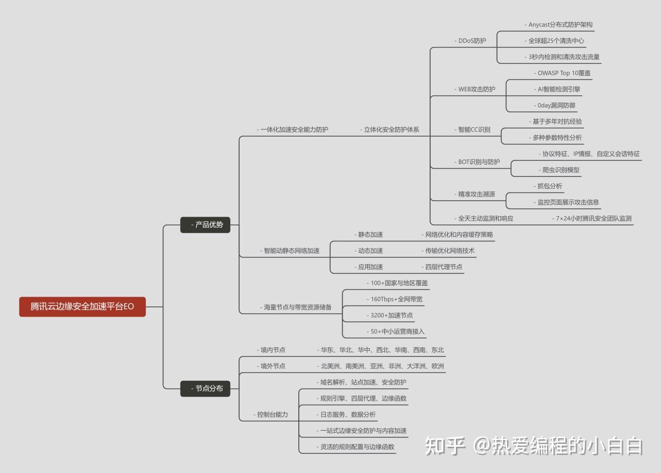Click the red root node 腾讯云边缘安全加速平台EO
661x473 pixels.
point(82,306)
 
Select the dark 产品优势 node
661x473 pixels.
point(205,225)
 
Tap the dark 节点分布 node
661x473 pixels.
point(205,388)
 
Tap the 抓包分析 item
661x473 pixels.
point(550,186)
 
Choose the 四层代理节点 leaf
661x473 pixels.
point(443,267)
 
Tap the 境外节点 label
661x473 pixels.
point(272,366)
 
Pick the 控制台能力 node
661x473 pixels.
point(272,414)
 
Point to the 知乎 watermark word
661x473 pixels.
point(445,446)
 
